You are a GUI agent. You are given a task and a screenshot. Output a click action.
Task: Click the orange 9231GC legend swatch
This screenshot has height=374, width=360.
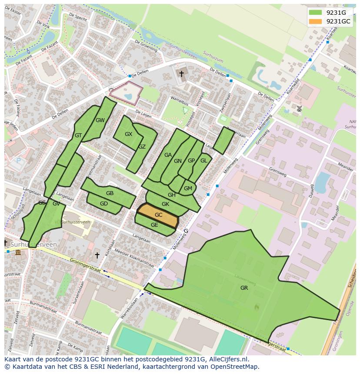coord(316,21)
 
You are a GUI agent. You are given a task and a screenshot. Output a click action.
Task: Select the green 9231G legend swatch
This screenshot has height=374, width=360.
coord(316,13)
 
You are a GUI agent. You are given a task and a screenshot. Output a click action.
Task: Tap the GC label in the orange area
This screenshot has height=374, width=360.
coord(158,215)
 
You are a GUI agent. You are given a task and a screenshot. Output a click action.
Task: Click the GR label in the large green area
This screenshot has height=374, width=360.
coord(244,288)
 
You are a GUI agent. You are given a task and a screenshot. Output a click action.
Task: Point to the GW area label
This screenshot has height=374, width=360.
coord(100,120)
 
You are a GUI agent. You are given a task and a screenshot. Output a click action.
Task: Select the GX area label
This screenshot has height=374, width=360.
coord(128,134)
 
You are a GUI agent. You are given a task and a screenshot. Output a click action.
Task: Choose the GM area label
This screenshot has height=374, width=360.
coord(188,188)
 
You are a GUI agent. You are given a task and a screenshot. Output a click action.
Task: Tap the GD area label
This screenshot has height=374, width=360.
coord(104,203)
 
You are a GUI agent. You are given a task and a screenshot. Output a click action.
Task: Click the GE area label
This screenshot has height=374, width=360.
coord(154,225)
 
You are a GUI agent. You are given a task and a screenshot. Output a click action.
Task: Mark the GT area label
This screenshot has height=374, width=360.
coord(78,136)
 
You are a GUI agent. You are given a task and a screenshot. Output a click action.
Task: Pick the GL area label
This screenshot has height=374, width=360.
coord(203,160)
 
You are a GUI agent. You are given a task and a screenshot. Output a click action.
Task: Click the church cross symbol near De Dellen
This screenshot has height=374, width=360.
coord(181,74)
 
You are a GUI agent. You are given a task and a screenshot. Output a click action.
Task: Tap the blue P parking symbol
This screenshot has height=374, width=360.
coord(18,161)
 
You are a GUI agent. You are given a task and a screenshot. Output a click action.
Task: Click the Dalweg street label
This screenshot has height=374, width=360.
coord(312,191)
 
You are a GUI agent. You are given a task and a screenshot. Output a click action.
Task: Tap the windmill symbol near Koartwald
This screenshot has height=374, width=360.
coord(299,108)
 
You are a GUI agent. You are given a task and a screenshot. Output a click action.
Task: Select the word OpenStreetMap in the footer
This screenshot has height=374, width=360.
coord(236,367)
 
